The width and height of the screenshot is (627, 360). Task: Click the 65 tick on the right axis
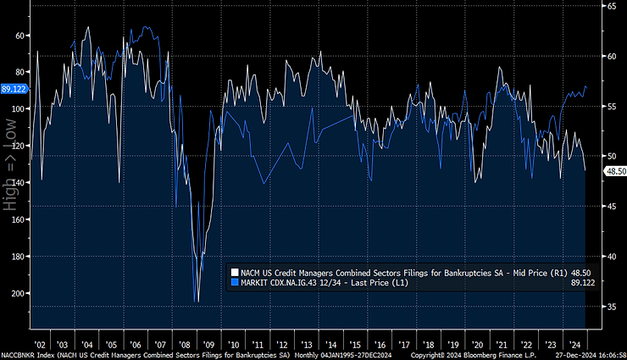pos(608,6)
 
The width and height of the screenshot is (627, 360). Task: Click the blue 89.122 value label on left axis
pos(14,88)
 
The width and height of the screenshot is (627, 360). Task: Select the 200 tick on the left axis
pos(19,293)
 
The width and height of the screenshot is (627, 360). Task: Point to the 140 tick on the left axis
pos(19,182)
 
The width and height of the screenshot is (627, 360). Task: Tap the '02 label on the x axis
pos(40,345)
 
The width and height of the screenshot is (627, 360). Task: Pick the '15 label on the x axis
pos(356,345)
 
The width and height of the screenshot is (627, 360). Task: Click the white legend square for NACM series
pos(235,272)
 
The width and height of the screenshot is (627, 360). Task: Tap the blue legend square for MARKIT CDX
pos(235,282)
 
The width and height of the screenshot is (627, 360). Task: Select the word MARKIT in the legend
pos(256,282)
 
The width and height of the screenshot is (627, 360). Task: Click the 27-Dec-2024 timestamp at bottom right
pos(580,355)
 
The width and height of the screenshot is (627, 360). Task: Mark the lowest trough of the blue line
pos(197,302)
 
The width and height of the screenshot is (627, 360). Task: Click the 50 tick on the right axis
pos(608,156)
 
